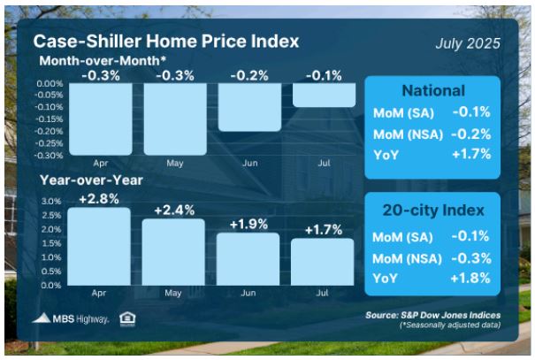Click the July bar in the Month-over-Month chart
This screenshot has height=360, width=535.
coord(324,95)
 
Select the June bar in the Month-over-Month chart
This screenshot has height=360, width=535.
coord(249,107)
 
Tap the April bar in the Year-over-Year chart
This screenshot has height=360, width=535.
coord(99,247)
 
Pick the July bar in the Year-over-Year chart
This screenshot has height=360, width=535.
coord(323,262)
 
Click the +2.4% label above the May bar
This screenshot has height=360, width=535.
coord(174,211)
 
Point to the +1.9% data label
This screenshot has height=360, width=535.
coord(248,224)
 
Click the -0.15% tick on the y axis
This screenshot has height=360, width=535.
coord(49,119)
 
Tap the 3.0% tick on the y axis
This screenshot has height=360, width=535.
coord(51,202)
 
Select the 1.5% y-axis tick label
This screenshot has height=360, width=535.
coord(51,243)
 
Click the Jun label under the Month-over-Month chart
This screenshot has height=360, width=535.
coord(250,163)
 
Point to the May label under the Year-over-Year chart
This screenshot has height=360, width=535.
coord(173,293)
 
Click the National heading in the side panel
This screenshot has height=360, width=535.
coord(433,91)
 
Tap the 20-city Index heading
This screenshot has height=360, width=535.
coord(433,211)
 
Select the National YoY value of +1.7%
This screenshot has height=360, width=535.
coord(471,154)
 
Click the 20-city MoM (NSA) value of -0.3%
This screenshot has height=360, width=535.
coord(471,258)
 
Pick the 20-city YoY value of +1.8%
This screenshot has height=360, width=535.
coord(470,279)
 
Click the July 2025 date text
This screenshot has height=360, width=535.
coord(468,43)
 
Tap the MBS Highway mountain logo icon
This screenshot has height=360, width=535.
coord(42,318)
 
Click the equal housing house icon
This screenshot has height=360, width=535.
coord(127,319)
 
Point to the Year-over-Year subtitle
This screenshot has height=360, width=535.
coord(91,180)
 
